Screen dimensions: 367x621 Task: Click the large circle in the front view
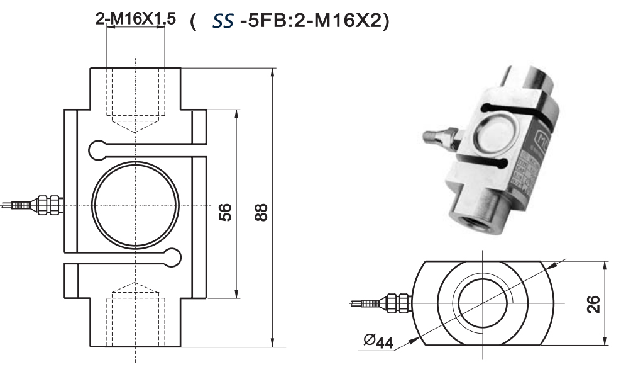point(136,206)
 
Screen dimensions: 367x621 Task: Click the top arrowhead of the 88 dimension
point(272,71)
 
